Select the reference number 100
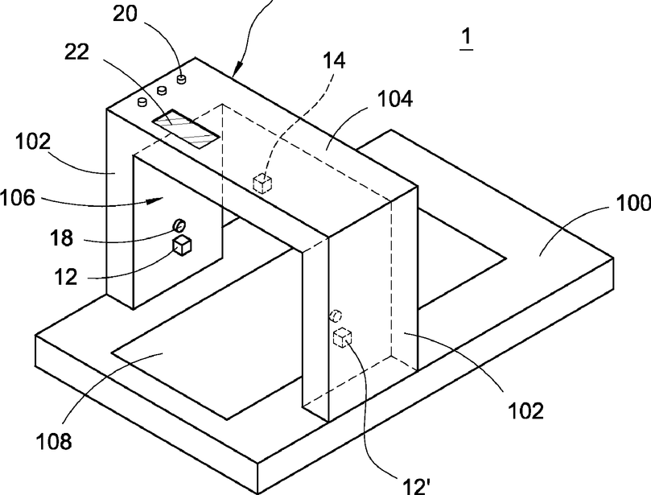pos(632,205)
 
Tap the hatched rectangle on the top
pos(187,129)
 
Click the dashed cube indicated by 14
pos(262,184)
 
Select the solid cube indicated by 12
pos(183,245)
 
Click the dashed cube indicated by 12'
pos(344,338)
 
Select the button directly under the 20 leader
pos(183,79)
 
